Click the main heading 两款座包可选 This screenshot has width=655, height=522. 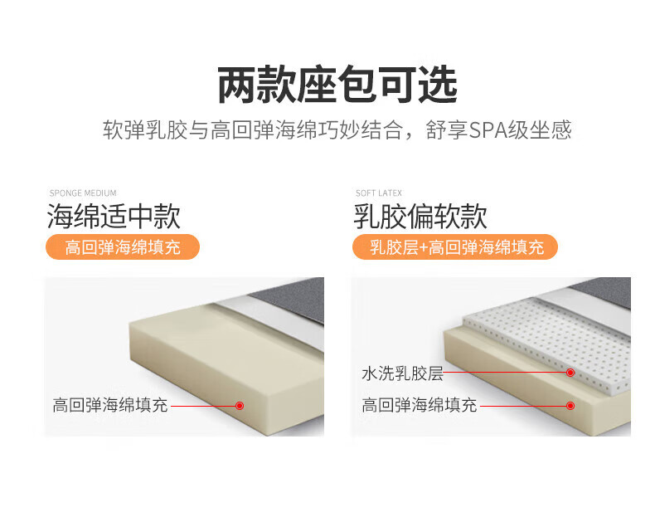pos(337,85)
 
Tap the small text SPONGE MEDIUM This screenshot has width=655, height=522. pos(83,193)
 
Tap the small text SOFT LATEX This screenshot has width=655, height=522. pos(378,193)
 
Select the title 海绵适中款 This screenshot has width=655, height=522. pos(114,217)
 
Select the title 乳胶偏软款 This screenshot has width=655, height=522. pos(420,217)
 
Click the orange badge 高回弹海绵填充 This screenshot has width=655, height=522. pos(123,246)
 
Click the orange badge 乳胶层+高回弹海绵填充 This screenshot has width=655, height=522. pos(455,246)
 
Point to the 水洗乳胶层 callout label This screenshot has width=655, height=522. pos(402,373)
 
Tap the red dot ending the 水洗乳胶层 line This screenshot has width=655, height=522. pos(570,373)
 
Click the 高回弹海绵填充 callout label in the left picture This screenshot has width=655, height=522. pos(110,405)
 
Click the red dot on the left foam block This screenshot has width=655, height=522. pos(240,406)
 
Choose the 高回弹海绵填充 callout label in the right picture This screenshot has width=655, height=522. pos(419,405)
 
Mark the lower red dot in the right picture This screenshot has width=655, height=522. pos(570,406)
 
